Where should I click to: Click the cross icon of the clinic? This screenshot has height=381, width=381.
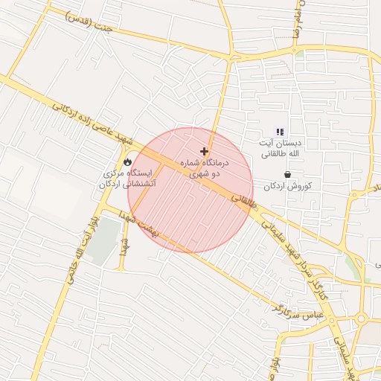tap(204, 151)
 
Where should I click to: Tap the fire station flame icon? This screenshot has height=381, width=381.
tap(127, 161)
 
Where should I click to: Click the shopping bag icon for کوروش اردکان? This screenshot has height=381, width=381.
tap(287, 174)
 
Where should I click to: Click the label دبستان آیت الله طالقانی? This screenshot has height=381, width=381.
tap(280, 147)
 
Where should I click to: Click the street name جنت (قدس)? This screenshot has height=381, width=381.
tap(89, 22)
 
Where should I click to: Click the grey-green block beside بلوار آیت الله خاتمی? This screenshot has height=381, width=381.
tap(103, 241)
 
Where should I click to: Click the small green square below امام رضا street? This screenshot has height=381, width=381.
tap(299, 54)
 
